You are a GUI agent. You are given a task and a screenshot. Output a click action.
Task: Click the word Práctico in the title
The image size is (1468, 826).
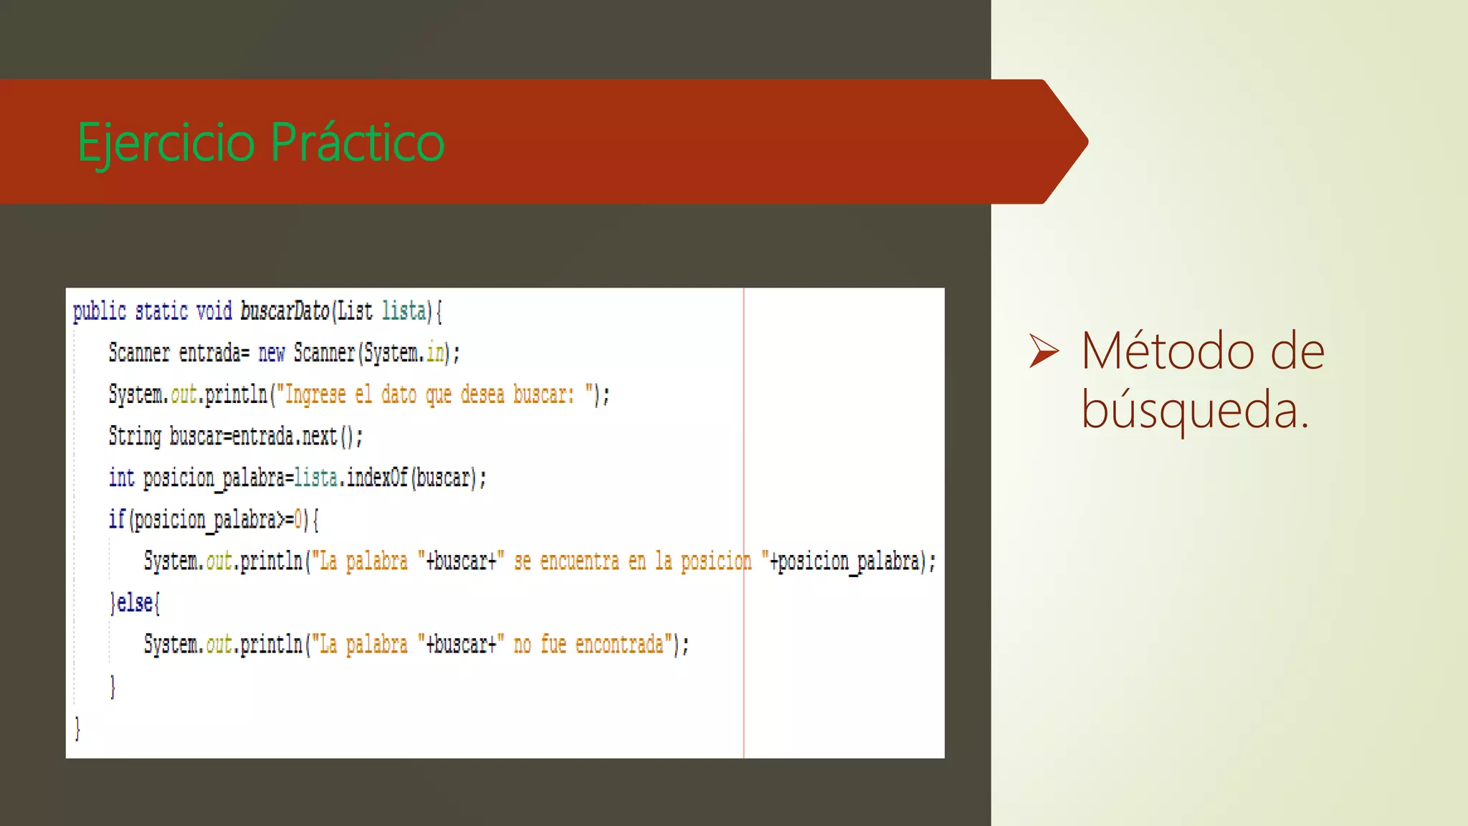pyautogui.click(x=358, y=142)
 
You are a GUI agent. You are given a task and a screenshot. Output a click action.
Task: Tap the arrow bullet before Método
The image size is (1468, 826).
pyautogui.click(x=1043, y=351)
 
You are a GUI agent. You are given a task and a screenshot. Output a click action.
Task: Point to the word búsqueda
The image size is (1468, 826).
pyautogui.click(x=1193, y=410)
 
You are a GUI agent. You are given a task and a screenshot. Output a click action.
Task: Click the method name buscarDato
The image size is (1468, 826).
pyautogui.click(x=285, y=311)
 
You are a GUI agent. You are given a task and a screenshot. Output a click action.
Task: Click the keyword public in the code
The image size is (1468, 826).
pyautogui.click(x=100, y=311)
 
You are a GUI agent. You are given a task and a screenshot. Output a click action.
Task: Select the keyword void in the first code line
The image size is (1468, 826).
pyautogui.click(x=214, y=311)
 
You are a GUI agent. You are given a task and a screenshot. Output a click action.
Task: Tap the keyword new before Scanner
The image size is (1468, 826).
pyautogui.click(x=271, y=353)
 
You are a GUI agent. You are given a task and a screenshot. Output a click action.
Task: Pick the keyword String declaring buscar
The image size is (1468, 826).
pyautogui.click(x=135, y=436)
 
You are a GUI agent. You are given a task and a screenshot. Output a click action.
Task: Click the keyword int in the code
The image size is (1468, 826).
pyautogui.click(x=121, y=478)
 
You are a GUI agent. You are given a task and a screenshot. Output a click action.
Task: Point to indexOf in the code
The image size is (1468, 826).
pyautogui.click(x=377, y=478)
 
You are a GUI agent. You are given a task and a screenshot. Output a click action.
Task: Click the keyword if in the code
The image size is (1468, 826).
pyautogui.click(x=117, y=519)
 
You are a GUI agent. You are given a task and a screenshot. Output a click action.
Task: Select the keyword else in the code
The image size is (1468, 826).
pyautogui.click(x=135, y=603)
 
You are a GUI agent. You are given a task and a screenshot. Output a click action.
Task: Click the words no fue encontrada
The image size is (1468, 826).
pyautogui.click(x=588, y=645)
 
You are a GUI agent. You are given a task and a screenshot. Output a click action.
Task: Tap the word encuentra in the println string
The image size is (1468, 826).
pyautogui.click(x=579, y=561)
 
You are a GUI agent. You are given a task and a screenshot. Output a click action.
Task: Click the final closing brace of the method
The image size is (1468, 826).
pyautogui.click(x=77, y=728)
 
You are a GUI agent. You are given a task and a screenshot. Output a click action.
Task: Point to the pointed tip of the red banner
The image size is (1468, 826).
pyautogui.click(x=1085, y=142)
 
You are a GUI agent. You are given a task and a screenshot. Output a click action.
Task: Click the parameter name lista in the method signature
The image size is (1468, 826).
pyautogui.click(x=404, y=311)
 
